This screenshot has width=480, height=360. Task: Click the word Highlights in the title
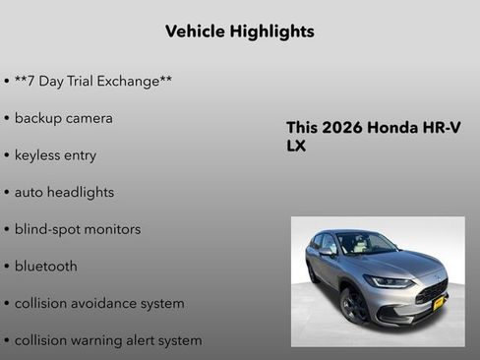[x=271, y=31]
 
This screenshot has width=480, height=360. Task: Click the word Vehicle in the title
[x=195, y=31]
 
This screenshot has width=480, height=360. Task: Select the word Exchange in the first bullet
[x=134, y=81]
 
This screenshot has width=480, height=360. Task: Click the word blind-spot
[x=45, y=229]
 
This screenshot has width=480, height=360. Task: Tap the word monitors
[x=111, y=229]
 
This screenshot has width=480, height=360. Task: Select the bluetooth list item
[x=45, y=266]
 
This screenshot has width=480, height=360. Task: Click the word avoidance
[x=108, y=303]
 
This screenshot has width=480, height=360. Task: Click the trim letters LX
[x=297, y=146]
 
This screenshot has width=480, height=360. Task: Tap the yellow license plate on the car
[x=439, y=302]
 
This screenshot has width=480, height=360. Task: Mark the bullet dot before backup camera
[x=7, y=118]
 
